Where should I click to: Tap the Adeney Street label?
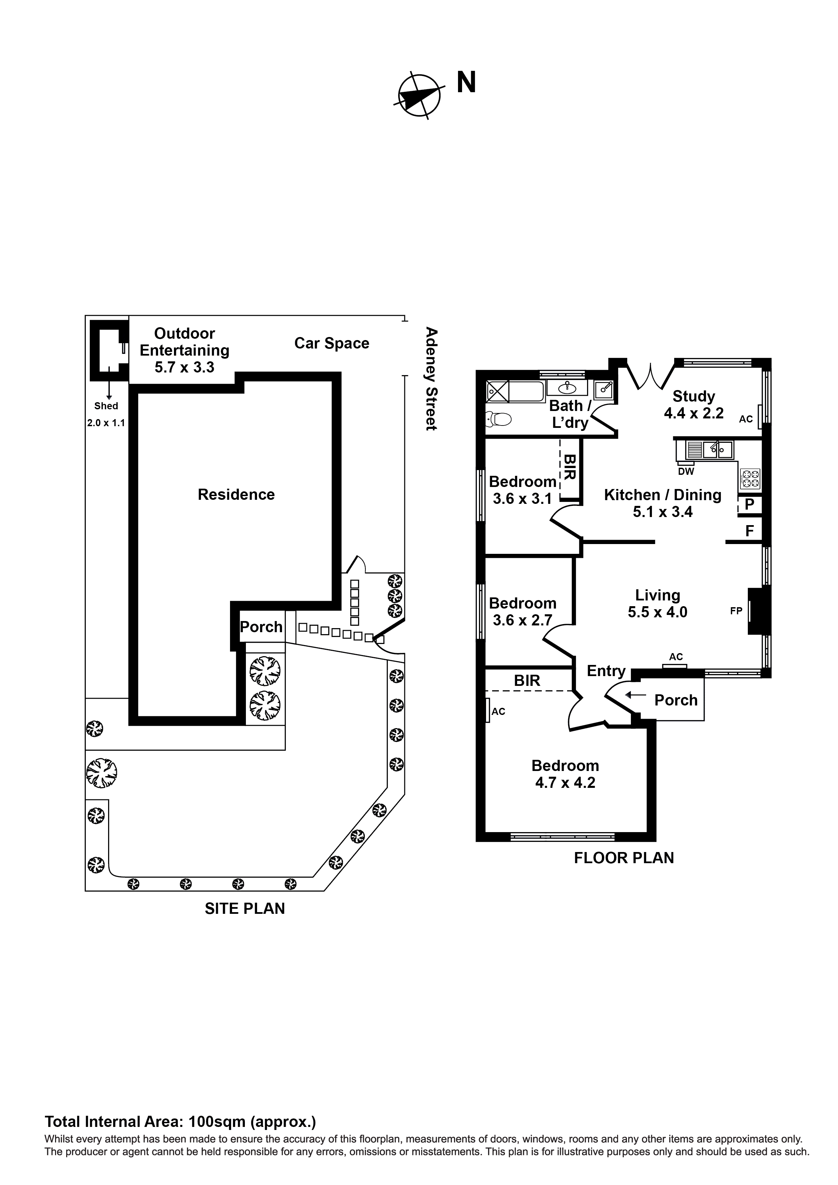pyautogui.click(x=431, y=378)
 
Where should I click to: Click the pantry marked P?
pyautogui.click(x=750, y=504)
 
